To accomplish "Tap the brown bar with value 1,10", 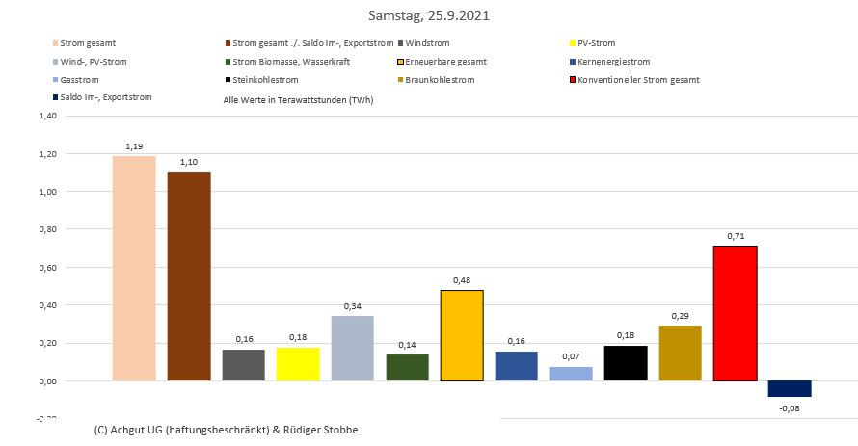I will click(189, 276).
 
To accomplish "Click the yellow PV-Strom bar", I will click(298, 364).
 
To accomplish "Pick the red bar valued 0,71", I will click(735, 313).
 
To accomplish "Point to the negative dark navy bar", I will click(790, 388).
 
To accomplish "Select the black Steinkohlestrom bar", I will click(626, 363).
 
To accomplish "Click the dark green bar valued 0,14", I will click(407, 368).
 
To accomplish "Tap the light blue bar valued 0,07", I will click(571, 374).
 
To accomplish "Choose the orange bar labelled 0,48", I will click(462, 335).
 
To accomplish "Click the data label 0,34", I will click(353, 307).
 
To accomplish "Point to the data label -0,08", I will click(791, 408).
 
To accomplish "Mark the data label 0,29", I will click(681, 316).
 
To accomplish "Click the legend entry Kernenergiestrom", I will click(617, 62).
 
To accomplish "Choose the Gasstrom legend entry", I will click(79, 79).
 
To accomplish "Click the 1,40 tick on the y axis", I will click(47, 116).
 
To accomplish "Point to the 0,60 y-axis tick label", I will click(47, 267).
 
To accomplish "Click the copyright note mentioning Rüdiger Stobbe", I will click(227, 429).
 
